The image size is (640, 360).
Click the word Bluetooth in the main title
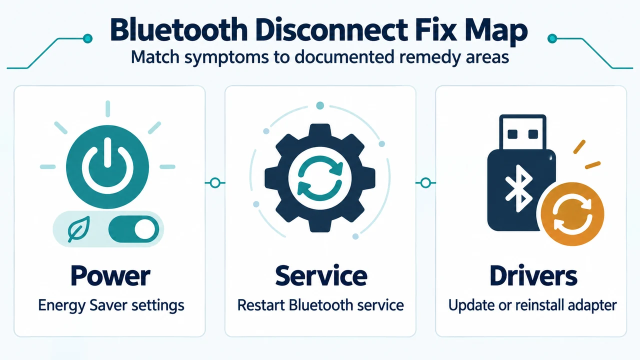[179, 30]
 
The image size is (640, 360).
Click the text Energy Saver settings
[111, 305]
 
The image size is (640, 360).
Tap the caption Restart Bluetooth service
[320, 305]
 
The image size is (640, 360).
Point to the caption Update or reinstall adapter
[532, 305]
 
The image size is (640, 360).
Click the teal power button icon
[107, 167]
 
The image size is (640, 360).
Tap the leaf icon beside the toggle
[78, 228]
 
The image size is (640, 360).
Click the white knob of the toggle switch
[145, 229]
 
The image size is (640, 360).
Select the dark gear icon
[320, 177]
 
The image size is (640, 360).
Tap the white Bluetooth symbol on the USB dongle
[519, 188]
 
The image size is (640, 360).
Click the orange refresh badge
[572, 214]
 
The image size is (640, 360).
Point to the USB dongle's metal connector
[522, 132]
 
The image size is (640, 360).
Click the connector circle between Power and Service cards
[215, 183]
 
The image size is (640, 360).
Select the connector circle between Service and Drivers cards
[425, 183]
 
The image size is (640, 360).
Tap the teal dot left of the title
[87, 38]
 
